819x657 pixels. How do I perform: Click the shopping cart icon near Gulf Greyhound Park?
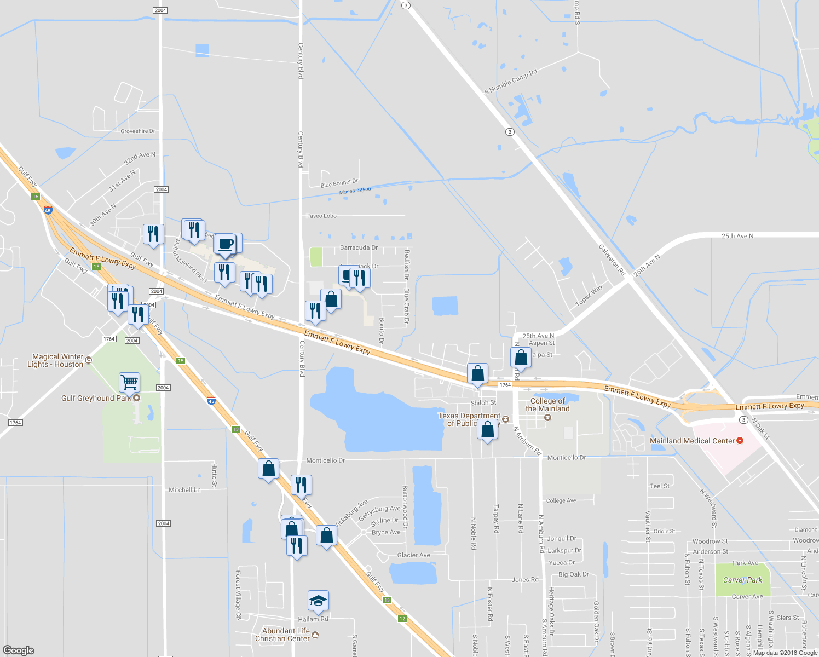pyautogui.click(x=129, y=382)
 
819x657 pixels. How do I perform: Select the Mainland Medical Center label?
pyautogui.click(x=692, y=441)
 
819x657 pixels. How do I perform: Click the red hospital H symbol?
pyautogui.click(x=740, y=441)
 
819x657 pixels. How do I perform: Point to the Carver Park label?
pyautogui.click(x=742, y=580)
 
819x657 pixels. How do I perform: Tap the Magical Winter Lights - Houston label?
pyautogui.click(x=57, y=360)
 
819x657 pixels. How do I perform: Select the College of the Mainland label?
pyautogui.click(x=547, y=405)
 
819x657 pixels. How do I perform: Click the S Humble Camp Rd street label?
pyautogui.click(x=511, y=82)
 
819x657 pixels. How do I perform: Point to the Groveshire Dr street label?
pyautogui.click(x=138, y=131)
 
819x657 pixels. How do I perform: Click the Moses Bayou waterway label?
pyautogui.click(x=355, y=191)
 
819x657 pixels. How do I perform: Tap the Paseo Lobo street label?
pyautogui.click(x=321, y=216)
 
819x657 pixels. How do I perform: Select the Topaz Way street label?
pyautogui.click(x=589, y=295)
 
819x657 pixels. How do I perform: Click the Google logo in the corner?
pyautogui.click(x=19, y=650)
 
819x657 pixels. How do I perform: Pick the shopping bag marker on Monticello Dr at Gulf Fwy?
pyautogui.click(x=268, y=469)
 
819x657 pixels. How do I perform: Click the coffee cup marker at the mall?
pyautogui.click(x=225, y=244)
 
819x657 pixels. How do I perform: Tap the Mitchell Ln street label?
pyautogui.click(x=184, y=490)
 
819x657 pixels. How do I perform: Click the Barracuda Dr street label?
pyautogui.click(x=359, y=247)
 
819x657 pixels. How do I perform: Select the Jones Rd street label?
pyautogui.click(x=525, y=579)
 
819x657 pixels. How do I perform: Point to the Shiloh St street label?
pyautogui.click(x=483, y=402)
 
